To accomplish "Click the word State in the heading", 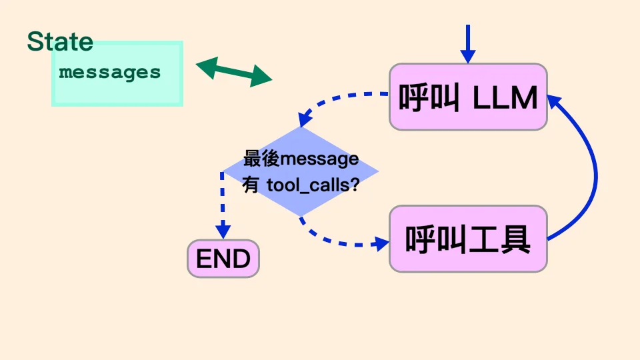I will pyautogui.click(x=60, y=41).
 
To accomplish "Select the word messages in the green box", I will pyautogui.click(x=110, y=72).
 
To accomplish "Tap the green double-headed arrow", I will pyautogui.click(x=234, y=71).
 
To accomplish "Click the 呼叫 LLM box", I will pyautogui.click(x=468, y=97).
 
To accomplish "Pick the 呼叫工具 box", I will pyautogui.click(x=468, y=239).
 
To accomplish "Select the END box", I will pyautogui.click(x=223, y=259).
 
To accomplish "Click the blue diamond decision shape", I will pyautogui.click(x=300, y=171).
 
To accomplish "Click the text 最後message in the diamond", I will pyautogui.click(x=301, y=159).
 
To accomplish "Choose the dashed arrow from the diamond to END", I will pyautogui.click(x=223, y=200).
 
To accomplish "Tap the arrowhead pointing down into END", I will pyautogui.click(x=223, y=231).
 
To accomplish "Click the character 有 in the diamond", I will pyautogui.click(x=251, y=186).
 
